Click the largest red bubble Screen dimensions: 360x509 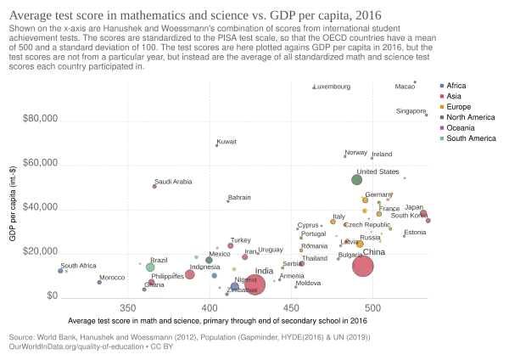[x=363, y=267]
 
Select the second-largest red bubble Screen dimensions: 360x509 [x=255, y=284]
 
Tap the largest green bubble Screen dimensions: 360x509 [x=357, y=179]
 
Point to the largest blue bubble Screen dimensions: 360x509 [x=235, y=286]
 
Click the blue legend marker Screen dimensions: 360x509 [x=442, y=87]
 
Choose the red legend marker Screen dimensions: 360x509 [x=442, y=96]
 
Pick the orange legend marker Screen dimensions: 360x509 [x=442, y=106]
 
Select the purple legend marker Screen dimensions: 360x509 [x=442, y=127]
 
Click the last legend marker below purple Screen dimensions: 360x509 [x=442, y=138]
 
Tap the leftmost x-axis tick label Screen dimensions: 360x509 [x=126, y=306]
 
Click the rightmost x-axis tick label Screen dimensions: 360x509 [x=372, y=306]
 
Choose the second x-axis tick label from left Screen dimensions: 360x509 [x=209, y=306]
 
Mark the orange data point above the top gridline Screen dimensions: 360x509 [x=315, y=87]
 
